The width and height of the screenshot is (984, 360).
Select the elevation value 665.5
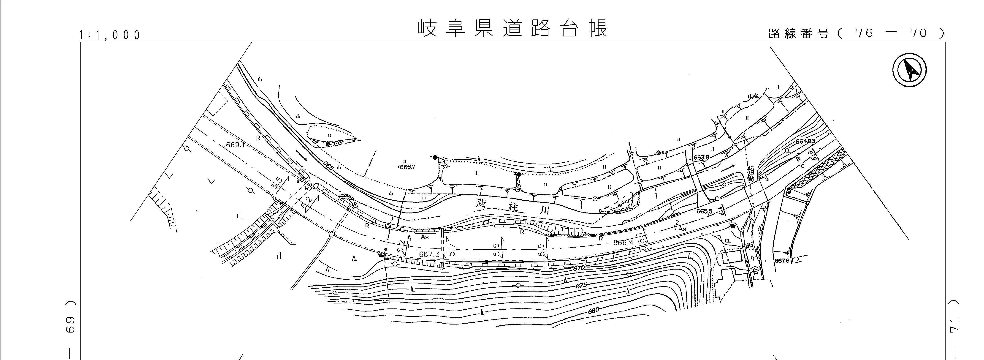[x=704, y=211]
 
